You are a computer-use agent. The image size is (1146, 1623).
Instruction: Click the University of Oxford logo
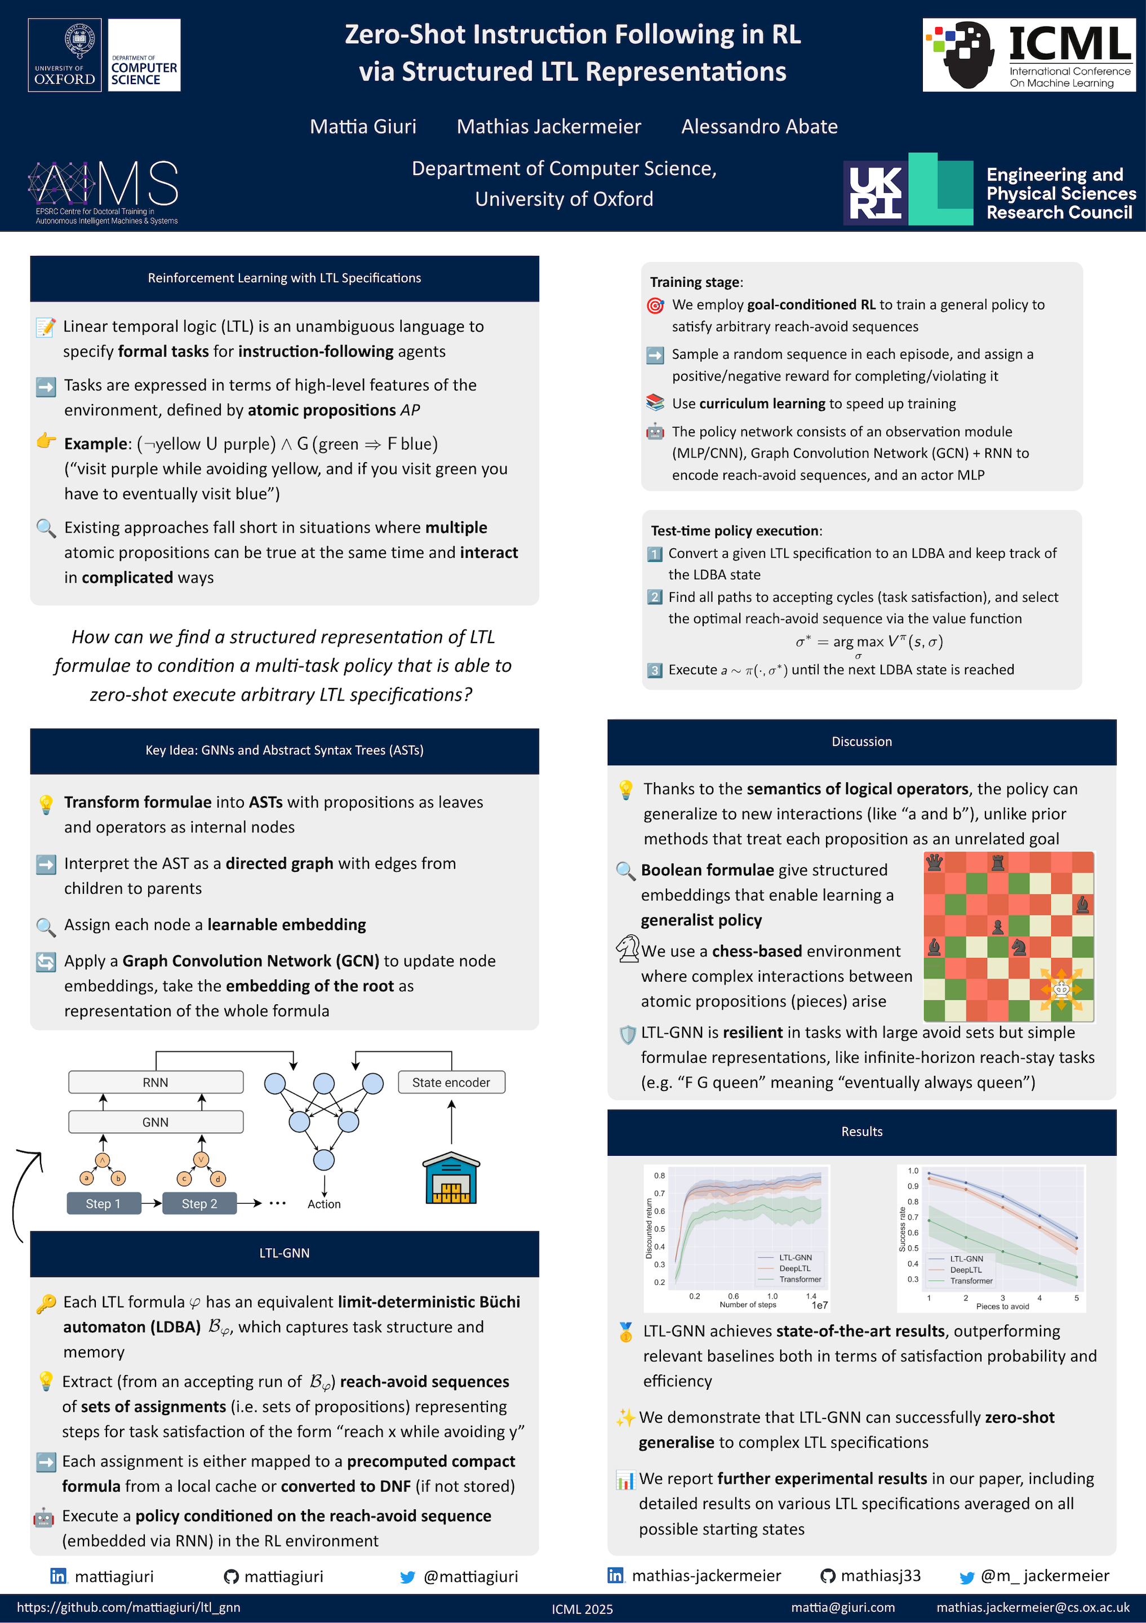(65, 55)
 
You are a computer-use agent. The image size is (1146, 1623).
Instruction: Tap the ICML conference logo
(1029, 55)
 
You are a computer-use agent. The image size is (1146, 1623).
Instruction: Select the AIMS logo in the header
(103, 192)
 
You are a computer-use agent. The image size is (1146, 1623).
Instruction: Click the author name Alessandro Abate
(759, 127)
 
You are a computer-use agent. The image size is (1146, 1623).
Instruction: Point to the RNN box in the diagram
(156, 1082)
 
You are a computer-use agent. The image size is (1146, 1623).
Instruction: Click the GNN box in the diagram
(156, 1122)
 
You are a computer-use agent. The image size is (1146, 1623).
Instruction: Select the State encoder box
(451, 1082)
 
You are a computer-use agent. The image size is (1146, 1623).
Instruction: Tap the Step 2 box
(199, 1204)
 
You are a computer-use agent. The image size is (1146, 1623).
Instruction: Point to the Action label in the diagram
(323, 1204)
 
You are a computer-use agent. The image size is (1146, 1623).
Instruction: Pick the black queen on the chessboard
(934, 862)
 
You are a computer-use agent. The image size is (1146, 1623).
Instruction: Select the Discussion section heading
(861, 742)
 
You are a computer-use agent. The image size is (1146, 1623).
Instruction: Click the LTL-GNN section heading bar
(284, 1253)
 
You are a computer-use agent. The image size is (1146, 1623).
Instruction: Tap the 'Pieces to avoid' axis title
(1002, 1306)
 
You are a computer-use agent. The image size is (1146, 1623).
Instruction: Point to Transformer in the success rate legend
(971, 1281)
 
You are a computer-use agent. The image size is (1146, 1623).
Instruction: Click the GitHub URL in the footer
(128, 1607)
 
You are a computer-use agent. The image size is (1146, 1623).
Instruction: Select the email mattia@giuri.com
(842, 1607)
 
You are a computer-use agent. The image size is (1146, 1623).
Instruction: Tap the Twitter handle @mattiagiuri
(470, 1576)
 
